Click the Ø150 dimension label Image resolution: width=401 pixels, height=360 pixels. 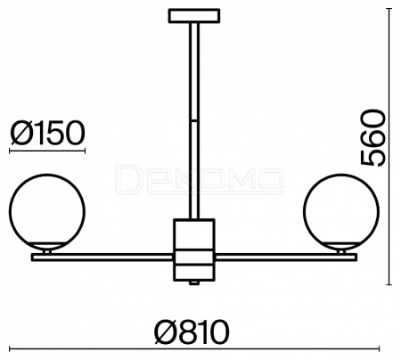click(47, 133)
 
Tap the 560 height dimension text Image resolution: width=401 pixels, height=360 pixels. click(372, 137)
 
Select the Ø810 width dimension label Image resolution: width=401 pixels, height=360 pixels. click(192, 331)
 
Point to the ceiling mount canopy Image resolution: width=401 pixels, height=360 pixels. click(194, 16)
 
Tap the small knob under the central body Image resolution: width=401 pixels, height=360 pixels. click(194, 282)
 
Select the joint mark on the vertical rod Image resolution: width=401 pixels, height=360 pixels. click(194, 120)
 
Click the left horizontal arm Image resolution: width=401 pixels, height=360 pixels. click(102, 258)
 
